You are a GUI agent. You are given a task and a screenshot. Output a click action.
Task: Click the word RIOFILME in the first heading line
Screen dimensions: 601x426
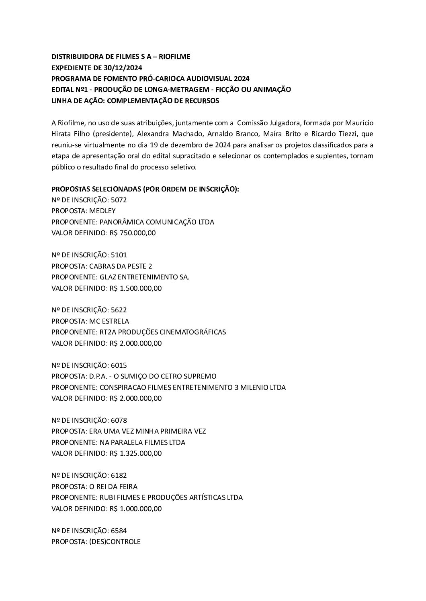coord(174,57)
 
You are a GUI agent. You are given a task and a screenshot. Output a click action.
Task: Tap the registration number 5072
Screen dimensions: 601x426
coord(119,200)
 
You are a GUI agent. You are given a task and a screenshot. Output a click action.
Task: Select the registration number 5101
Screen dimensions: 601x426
coord(119,255)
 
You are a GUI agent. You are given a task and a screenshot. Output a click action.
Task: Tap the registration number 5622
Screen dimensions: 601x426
coord(119,310)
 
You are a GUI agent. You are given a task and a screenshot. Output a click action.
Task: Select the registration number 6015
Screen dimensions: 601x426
coord(119,365)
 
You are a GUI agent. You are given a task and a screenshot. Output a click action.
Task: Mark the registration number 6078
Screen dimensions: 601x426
coord(119,420)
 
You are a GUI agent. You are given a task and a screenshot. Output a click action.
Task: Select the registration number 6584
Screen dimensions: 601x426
coord(119,531)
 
